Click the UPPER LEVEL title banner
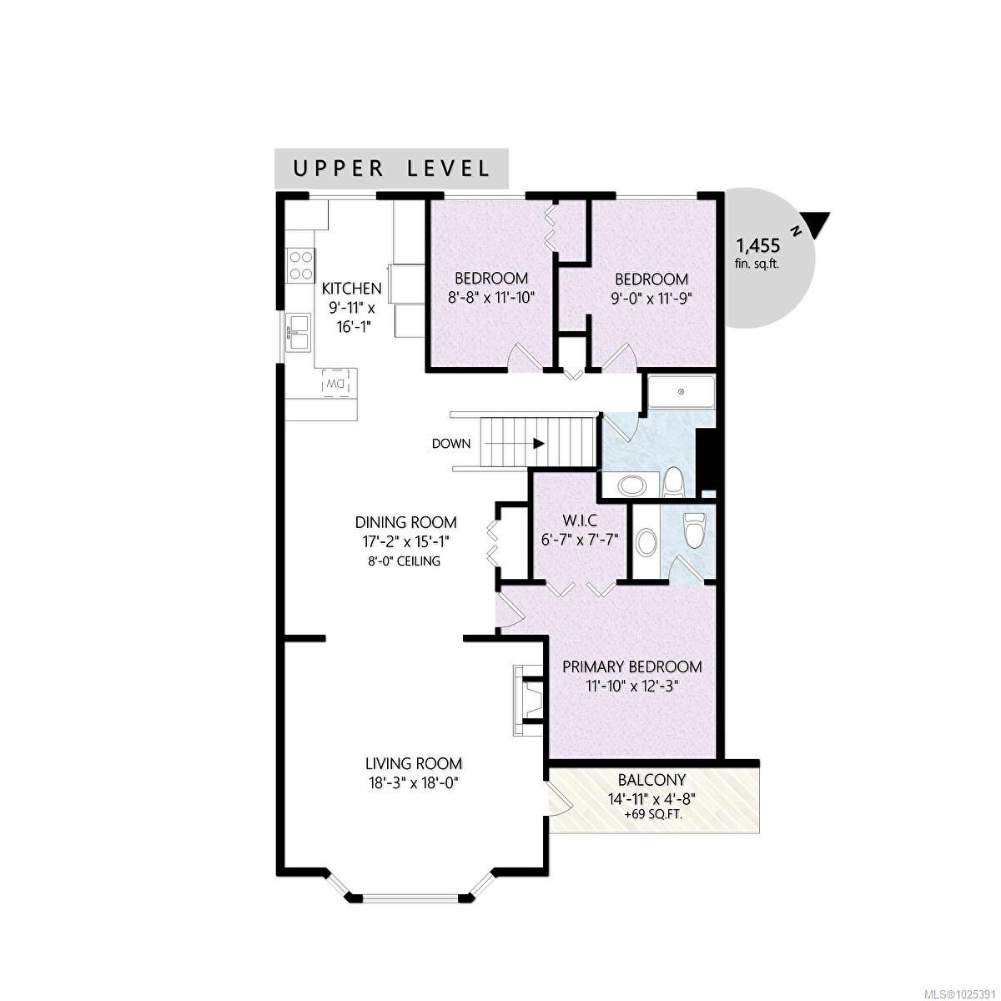point(391,168)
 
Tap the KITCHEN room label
point(352,289)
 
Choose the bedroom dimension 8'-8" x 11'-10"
point(491,296)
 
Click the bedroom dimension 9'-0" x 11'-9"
point(651,297)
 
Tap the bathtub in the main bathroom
point(682,392)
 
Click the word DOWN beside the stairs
point(451,444)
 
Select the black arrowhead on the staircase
point(540,444)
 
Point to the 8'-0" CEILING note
point(405,561)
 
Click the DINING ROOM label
point(405,523)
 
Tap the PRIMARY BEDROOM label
point(631,667)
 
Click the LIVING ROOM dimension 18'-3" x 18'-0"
point(413,782)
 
